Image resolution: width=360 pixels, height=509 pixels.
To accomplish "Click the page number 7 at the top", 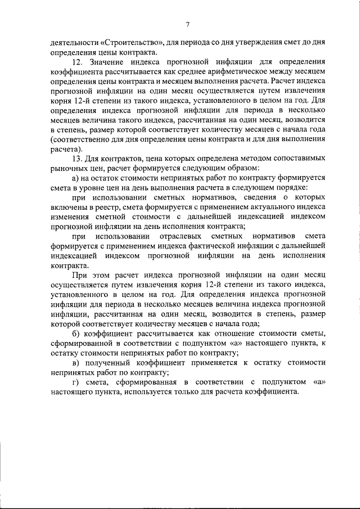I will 187,23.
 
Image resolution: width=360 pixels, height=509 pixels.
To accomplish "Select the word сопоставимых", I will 299,159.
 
